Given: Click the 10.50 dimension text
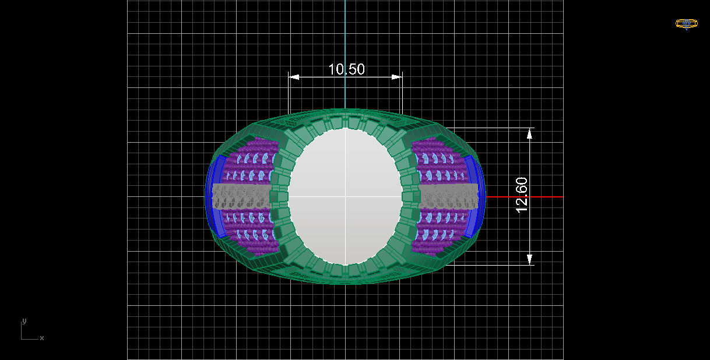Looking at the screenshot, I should (x=346, y=69).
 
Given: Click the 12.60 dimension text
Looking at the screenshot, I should (x=522, y=195).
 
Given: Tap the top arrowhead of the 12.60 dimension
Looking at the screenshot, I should (x=529, y=133).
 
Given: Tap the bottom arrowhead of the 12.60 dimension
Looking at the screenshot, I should (x=529, y=259).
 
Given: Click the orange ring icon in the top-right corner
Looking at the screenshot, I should (x=686, y=24).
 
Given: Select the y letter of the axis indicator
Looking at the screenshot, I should (x=24, y=321).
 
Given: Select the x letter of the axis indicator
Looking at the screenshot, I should (x=42, y=338).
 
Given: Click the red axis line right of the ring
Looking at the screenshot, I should (x=525, y=197).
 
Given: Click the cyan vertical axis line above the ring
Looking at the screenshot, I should (x=345, y=52).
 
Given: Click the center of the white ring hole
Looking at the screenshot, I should (x=345, y=196).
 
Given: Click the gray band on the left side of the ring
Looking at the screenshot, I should (x=241, y=196).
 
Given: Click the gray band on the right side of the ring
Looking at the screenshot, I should (x=449, y=196).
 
